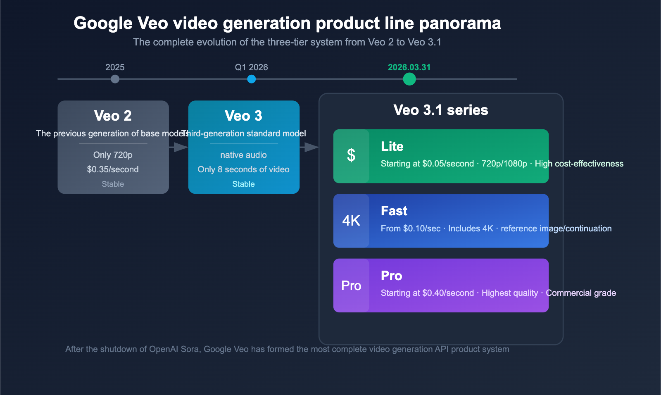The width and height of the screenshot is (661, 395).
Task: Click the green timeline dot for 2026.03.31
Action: tap(409, 79)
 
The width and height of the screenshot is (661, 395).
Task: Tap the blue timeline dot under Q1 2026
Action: tap(251, 79)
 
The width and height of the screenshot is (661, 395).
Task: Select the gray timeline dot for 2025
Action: tap(115, 79)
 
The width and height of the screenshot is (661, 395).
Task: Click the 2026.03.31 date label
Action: tap(409, 67)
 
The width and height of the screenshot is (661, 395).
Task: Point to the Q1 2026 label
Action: tap(251, 67)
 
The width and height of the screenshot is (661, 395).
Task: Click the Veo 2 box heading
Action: tap(113, 116)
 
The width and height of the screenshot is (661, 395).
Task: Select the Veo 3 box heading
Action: tap(243, 116)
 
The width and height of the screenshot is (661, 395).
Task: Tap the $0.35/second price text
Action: tap(113, 169)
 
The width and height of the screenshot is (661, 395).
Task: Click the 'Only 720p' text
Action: tap(113, 155)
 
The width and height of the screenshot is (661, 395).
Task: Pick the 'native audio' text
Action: tap(243, 155)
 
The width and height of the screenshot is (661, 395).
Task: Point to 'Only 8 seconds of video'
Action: tap(243, 169)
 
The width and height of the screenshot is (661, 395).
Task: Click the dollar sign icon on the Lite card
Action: tap(351, 156)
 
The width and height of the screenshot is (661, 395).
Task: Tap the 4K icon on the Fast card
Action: tap(351, 221)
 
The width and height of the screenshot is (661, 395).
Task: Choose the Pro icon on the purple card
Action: tap(351, 286)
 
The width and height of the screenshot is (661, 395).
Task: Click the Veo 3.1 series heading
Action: tap(441, 110)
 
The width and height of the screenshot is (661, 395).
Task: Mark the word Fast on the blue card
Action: tap(394, 211)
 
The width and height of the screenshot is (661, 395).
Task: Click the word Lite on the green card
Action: tap(392, 146)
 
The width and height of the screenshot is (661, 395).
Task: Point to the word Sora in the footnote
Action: tap(190, 349)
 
